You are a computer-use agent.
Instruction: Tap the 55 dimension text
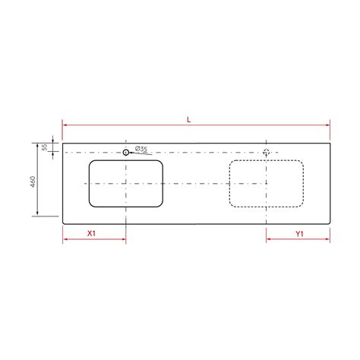pyautogui.click(x=45, y=147)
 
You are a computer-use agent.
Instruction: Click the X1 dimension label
pyautogui.click(x=91, y=234)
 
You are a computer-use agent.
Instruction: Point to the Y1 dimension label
pyautogui.click(x=299, y=234)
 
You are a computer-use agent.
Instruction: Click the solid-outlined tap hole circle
pyautogui.click(x=125, y=153)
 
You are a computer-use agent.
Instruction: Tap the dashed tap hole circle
pyautogui.click(x=267, y=153)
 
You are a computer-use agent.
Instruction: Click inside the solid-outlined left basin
pyautogui.click(x=126, y=184)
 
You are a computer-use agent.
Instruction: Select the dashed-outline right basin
pyautogui.click(x=267, y=184)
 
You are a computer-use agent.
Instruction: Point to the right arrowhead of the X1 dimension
pyautogui.click(x=124, y=239)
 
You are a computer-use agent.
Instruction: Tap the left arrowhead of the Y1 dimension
pyautogui.click(x=269, y=239)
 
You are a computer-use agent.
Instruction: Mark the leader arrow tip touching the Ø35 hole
pyautogui.click(x=130, y=153)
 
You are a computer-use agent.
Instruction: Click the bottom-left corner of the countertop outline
pyautogui.click(x=63, y=224)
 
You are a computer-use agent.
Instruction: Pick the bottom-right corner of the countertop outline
pyautogui.click(x=330, y=224)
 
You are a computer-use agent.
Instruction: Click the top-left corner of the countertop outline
pyautogui.click(x=63, y=142)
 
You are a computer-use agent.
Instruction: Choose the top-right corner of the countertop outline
pyautogui.click(x=330, y=142)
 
